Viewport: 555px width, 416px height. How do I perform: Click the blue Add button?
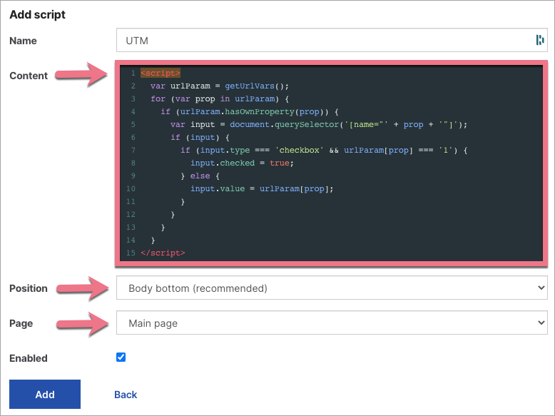click(x=45, y=394)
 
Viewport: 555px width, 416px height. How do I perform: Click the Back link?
click(x=126, y=395)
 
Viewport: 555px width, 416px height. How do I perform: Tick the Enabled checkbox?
click(x=121, y=357)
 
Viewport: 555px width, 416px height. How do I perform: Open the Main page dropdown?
click(x=332, y=323)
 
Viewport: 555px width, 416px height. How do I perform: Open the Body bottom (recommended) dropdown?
click(x=332, y=288)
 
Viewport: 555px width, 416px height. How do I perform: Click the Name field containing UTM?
click(x=332, y=41)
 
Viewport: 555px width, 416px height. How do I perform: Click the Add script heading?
click(x=38, y=14)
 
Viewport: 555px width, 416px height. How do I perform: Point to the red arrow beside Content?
click(x=81, y=74)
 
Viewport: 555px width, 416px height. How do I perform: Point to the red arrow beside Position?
click(x=83, y=288)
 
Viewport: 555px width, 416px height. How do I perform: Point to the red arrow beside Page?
click(x=83, y=323)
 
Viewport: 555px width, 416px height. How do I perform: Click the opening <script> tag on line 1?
click(x=161, y=73)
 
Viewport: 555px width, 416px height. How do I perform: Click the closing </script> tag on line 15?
click(x=163, y=253)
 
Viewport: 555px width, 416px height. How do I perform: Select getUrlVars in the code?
click(x=250, y=86)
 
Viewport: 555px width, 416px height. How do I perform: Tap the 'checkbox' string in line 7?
click(x=300, y=150)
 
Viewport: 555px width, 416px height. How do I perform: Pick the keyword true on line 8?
click(x=280, y=163)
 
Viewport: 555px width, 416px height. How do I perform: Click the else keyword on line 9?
click(x=200, y=176)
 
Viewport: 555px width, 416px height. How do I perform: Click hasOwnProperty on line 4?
click(x=260, y=111)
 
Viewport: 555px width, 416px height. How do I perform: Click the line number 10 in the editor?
click(x=131, y=188)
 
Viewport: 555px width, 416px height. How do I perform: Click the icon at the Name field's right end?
click(x=540, y=40)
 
